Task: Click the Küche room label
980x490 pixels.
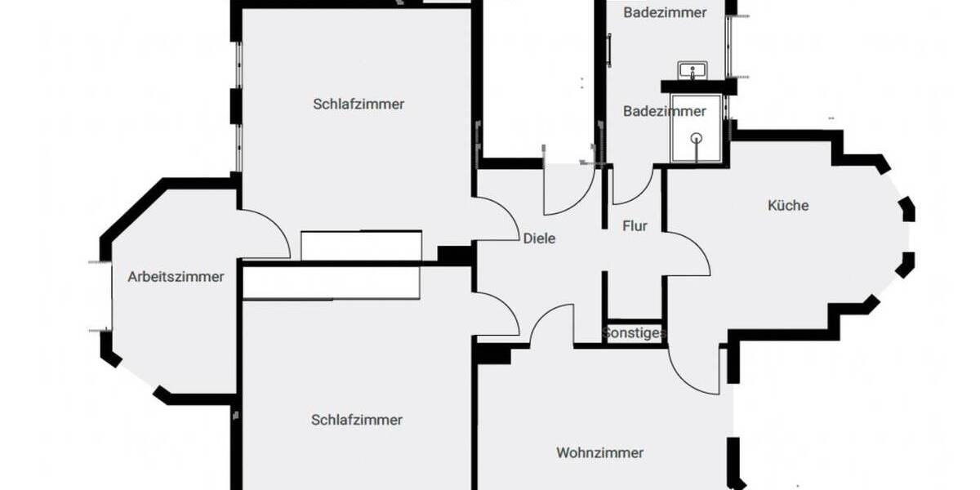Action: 788,206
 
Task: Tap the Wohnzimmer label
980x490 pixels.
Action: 599,452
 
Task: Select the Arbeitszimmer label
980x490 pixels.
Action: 176,277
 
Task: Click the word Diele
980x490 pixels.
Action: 539,238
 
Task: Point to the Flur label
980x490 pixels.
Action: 635,226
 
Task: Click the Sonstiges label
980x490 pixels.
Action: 634,333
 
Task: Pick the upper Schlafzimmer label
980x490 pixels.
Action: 359,104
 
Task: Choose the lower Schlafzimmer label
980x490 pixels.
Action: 357,420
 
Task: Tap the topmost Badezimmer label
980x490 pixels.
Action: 665,12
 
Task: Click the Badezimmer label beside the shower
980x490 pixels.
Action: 665,111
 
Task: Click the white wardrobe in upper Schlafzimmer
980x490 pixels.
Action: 361,246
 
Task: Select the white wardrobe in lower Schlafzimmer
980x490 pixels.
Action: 332,283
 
